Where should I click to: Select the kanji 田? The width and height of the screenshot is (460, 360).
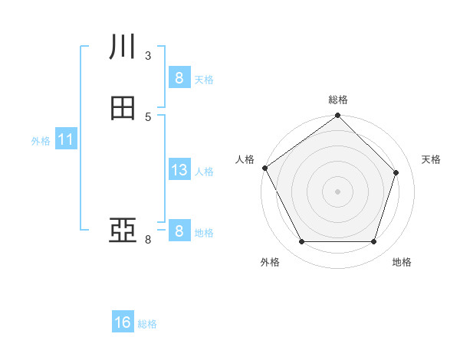123,109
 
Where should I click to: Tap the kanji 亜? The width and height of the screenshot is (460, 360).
123,231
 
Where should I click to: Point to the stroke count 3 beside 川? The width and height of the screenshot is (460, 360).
148,55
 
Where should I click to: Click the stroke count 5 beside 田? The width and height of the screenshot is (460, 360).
148,116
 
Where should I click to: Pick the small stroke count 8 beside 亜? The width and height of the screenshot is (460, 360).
148,240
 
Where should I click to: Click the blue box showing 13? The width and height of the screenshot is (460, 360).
179,171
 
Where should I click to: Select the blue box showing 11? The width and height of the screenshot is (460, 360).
65,140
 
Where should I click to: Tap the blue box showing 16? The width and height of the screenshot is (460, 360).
123,322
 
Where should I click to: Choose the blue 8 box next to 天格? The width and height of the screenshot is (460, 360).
179,78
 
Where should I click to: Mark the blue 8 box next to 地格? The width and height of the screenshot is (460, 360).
179,231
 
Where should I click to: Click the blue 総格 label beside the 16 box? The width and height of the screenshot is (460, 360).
147,324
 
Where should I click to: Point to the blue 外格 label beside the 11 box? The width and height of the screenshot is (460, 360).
41,141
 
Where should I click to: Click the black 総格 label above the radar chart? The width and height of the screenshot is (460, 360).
337,100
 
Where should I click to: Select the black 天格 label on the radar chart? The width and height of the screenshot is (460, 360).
432,159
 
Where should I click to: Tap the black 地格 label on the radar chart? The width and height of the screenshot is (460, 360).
402,262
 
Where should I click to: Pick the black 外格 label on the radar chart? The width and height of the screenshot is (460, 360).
270,262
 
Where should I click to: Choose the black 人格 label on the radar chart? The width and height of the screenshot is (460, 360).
245,159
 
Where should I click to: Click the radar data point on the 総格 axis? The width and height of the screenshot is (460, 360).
337,116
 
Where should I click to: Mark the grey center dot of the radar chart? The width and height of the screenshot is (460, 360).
337,191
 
